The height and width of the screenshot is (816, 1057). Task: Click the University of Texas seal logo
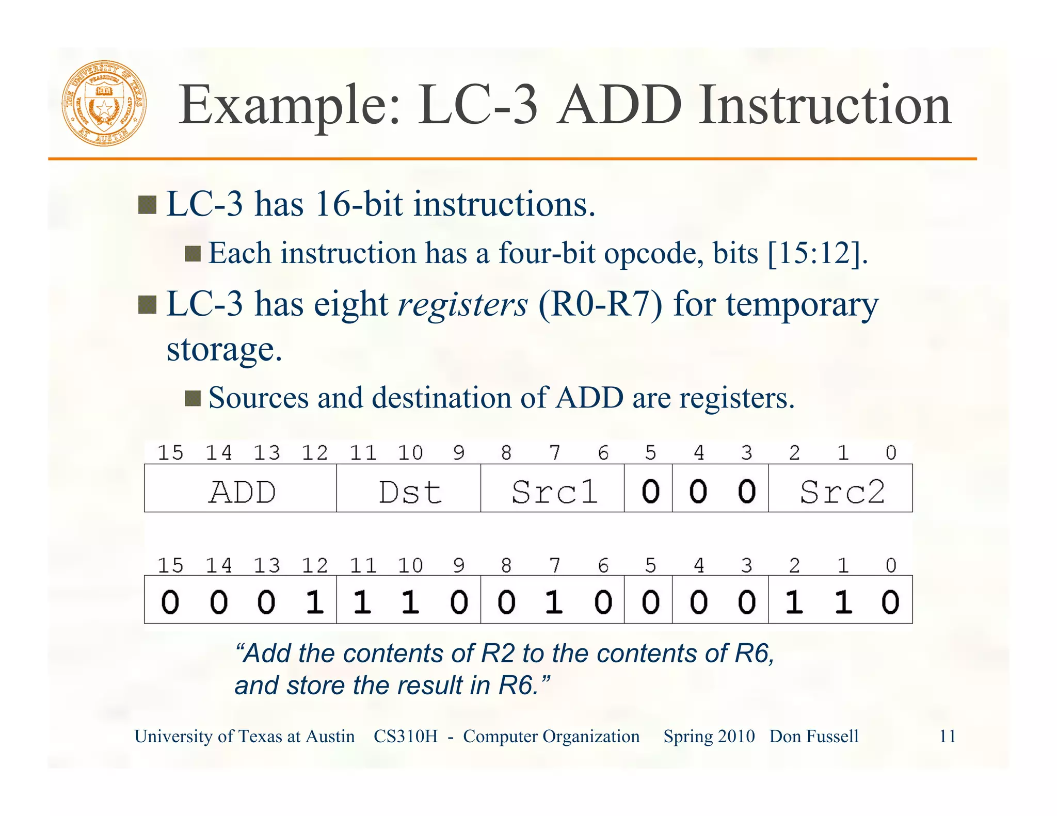pos(104,103)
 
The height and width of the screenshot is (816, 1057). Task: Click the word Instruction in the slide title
pos(824,106)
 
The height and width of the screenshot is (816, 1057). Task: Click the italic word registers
pos(463,304)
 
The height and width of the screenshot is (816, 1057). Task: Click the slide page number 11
pos(947,736)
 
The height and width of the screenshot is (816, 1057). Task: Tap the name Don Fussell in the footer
pos(814,736)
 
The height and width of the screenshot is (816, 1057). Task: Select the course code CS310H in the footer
pos(405,736)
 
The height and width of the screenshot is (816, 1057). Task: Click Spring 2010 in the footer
pos(709,736)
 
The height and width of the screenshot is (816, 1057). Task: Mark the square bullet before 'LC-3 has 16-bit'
pos(147,205)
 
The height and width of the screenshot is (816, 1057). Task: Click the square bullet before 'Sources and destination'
pos(193,398)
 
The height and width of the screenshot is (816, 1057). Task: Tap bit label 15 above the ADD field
pos(170,453)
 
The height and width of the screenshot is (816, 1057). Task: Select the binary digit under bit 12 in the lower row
pos(314,601)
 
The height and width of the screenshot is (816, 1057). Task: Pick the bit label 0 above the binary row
pos(891,566)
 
